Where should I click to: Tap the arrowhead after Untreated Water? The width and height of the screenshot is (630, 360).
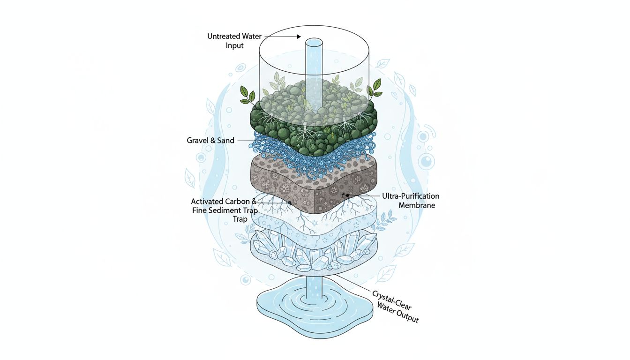click(x=298, y=36)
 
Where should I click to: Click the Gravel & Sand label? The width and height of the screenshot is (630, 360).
click(x=211, y=140)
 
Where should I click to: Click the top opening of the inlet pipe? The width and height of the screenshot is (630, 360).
click(x=314, y=43)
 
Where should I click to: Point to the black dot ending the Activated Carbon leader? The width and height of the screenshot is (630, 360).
click(x=290, y=202)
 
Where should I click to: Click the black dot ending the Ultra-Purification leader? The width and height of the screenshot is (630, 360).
click(x=348, y=195)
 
